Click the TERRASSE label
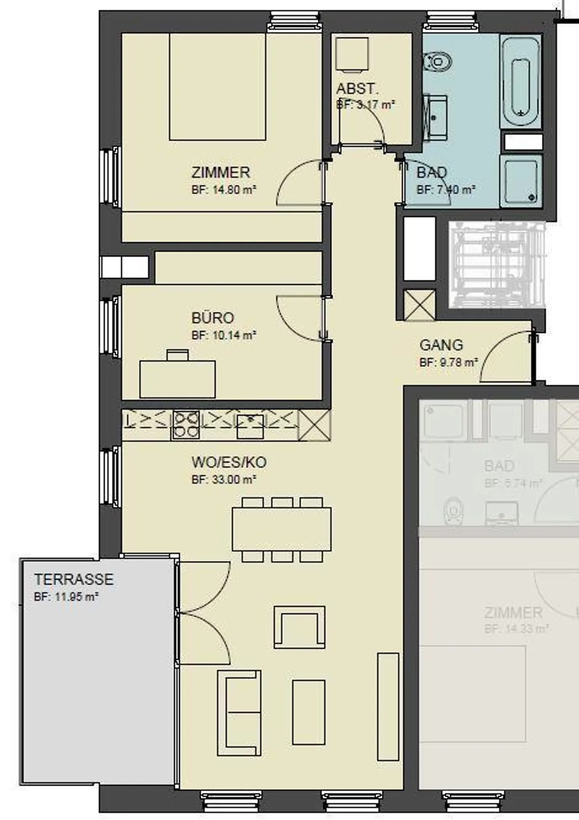(x=74, y=579)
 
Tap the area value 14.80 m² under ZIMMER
(x=224, y=190)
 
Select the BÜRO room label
(x=213, y=318)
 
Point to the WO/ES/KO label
(x=229, y=462)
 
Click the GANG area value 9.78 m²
(x=448, y=362)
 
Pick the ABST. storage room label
(x=357, y=89)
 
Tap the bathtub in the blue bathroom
(x=521, y=82)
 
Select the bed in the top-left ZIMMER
(x=218, y=87)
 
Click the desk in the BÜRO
(x=177, y=379)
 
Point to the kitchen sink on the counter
(x=250, y=426)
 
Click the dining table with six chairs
(x=281, y=529)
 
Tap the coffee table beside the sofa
(x=308, y=712)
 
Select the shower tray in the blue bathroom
(x=521, y=181)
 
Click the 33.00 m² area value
(x=224, y=479)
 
